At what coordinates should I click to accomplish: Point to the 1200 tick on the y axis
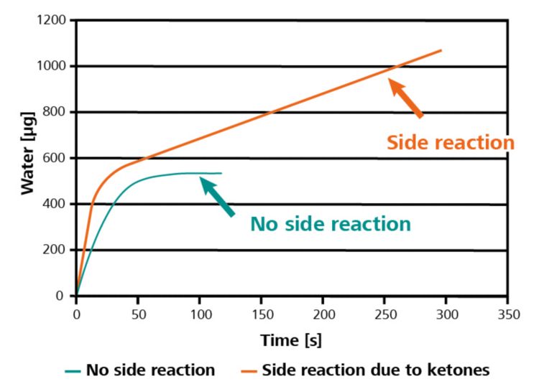point(52,20)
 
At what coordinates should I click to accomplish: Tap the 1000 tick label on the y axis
point(52,66)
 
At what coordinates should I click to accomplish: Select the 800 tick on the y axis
point(56,112)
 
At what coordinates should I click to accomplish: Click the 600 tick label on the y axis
point(56,158)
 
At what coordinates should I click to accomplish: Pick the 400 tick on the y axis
point(56,204)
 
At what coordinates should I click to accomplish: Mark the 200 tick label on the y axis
point(56,250)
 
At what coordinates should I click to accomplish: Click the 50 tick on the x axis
point(138,314)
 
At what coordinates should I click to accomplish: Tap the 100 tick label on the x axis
point(200,314)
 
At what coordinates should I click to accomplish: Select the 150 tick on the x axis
point(262,314)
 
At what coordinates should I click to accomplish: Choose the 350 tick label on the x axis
point(508,314)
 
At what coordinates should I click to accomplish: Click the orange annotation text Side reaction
point(451,142)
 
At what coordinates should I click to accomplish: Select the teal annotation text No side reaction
point(331,224)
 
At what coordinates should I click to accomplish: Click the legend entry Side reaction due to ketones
point(375,370)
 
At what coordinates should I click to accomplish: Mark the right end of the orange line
point(441,50)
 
